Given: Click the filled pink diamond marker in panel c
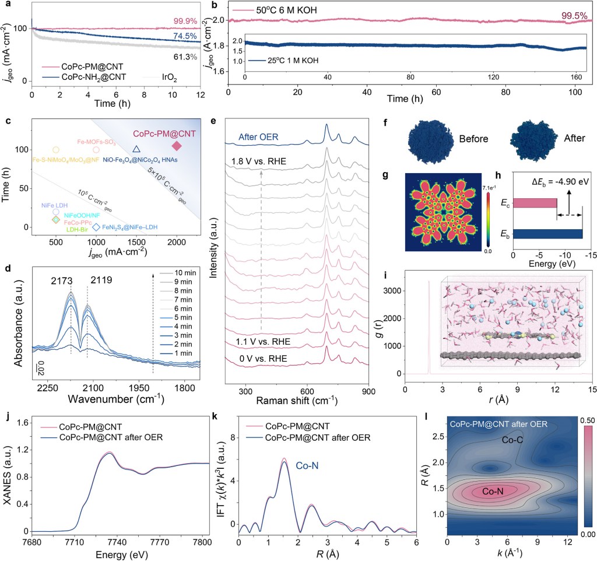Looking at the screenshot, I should pyautogui.click(x=177, y=145).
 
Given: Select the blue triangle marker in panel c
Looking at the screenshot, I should pyautogui.click(x=136, y=149).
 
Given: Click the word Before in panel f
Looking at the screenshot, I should pyautogui.click(x=472, y=139).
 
